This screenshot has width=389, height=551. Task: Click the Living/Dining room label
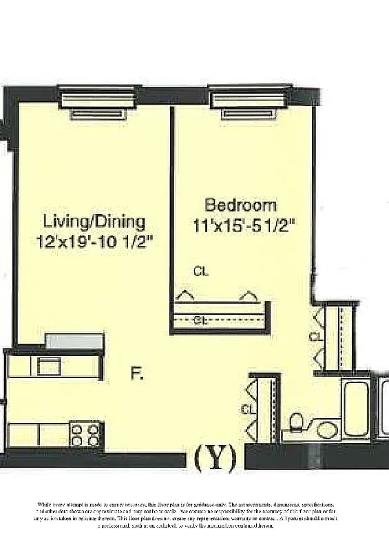pos(94,222)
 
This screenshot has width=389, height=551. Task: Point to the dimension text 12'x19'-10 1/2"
pos(94,241)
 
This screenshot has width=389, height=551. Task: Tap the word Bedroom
pos(241,205)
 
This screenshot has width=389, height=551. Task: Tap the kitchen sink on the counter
pos(48,366)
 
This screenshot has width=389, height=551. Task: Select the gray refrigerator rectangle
pos(74,341)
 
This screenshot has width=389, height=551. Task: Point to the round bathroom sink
pos(327,430)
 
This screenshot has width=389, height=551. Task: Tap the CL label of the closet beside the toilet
pos(246,409)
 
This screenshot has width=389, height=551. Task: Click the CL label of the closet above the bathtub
pos(315,337)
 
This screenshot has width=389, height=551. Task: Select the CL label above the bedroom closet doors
pos(201,271)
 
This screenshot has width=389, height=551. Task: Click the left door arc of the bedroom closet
pos(184,295)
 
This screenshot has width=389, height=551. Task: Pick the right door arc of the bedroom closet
pos(248,295)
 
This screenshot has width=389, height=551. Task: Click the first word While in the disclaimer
pos(45,506)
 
